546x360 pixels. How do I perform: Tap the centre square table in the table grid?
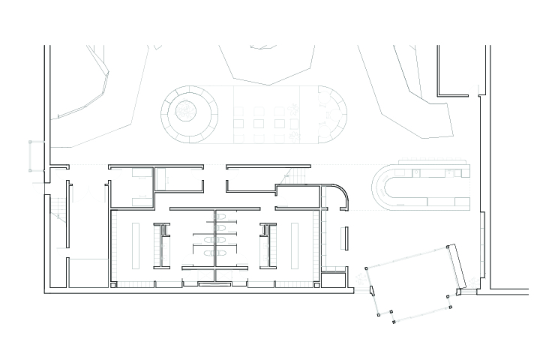click(x=259, y=122)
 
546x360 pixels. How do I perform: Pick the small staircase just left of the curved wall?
click(x=298, y=176)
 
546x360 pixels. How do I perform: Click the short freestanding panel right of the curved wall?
click(x=346, y=238)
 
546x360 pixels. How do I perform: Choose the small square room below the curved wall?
click(x=331, y=280)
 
